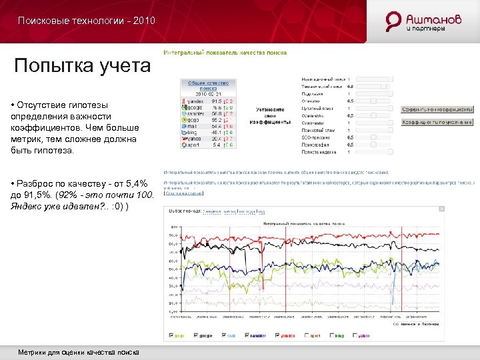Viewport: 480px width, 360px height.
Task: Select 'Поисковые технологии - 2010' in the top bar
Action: (x=87, y=21)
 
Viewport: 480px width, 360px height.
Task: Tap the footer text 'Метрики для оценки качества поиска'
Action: (x=79, y=351)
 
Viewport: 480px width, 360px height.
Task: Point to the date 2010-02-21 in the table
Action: (x=209, y=94)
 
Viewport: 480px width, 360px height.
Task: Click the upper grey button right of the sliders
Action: (x=437, y=109)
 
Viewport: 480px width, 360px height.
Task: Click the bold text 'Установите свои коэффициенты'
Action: (x=269, y=115)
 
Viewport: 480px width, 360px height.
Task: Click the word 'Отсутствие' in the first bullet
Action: (x=42, y=105)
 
